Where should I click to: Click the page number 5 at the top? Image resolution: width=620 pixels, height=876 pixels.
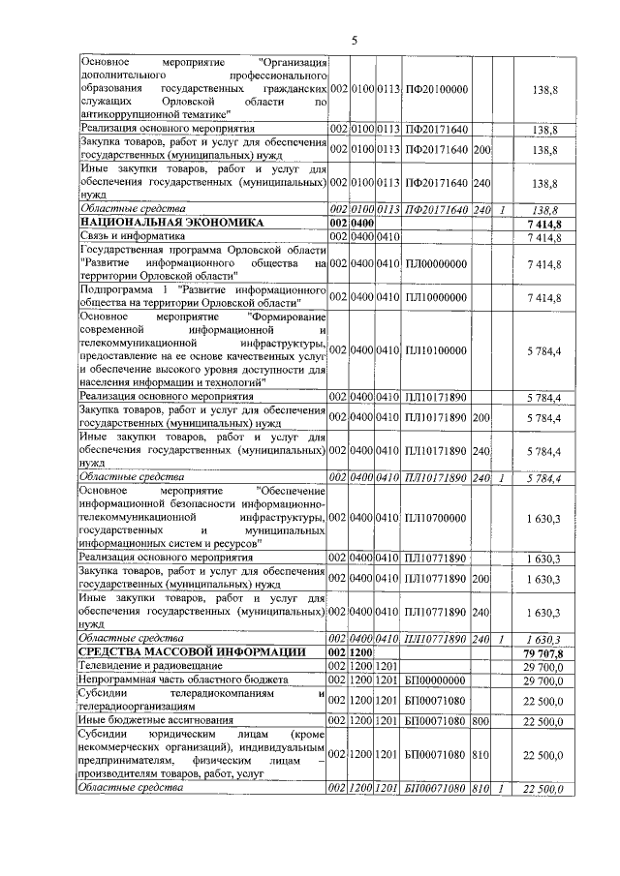pos(354,40)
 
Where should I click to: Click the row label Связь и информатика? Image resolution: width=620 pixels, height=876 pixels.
pos(132,235)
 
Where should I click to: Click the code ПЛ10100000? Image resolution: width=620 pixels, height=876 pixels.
pos(435,348)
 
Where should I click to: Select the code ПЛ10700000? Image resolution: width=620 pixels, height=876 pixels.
pos(435,519)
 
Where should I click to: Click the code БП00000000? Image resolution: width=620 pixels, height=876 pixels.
pos(435,680)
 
